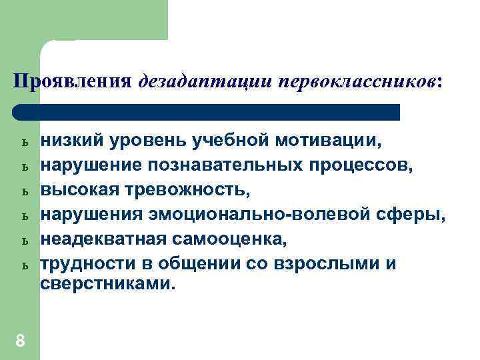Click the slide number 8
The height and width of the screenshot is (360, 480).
tap(20, 341)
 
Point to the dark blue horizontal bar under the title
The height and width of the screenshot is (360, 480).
tap(207, 112)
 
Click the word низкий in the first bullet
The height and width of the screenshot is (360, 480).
tap(71, 141)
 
